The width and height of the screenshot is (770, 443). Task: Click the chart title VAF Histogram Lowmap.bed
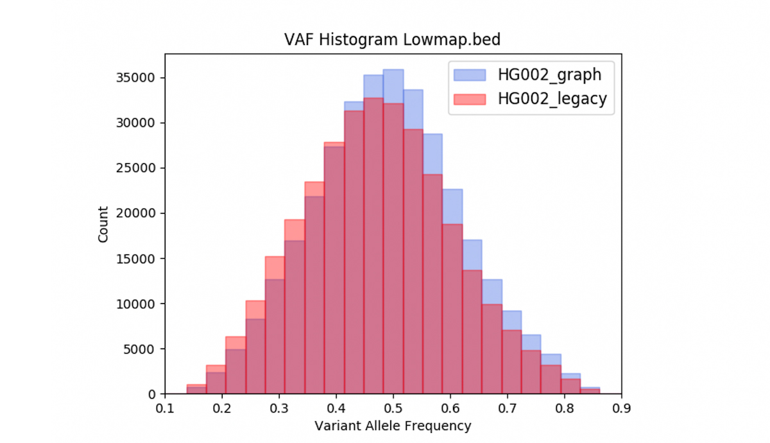pos(392,40)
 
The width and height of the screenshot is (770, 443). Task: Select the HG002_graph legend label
pos(549,74)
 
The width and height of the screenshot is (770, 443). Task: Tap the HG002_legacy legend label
pos(552,99)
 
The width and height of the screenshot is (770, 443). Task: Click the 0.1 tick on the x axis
pos(165,408)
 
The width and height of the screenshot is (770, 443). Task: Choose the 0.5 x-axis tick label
pos(393,408)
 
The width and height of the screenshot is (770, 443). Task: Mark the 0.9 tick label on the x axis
pos(621,408)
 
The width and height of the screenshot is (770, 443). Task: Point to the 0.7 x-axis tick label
pos(507,408)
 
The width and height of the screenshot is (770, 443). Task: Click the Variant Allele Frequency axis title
pos(393,426)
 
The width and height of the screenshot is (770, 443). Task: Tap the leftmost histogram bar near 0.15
pos(196,390)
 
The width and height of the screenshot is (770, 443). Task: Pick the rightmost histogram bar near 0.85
pos(590,391)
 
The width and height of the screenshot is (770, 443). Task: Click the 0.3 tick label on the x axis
pos(279,408)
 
